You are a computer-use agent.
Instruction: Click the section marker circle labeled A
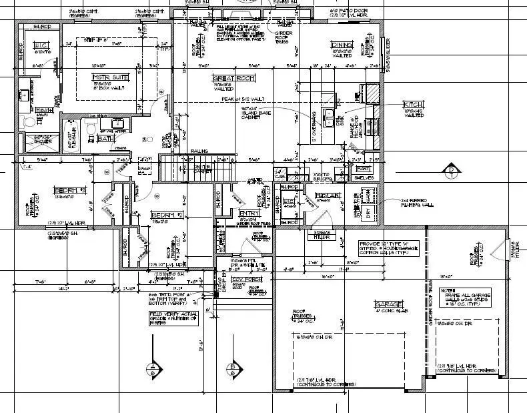pos(154,370)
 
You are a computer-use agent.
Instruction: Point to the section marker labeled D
pos(452,171)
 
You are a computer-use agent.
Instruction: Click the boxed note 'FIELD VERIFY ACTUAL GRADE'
pos(173,319)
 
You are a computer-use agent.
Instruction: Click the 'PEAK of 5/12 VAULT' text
pos(243,99)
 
